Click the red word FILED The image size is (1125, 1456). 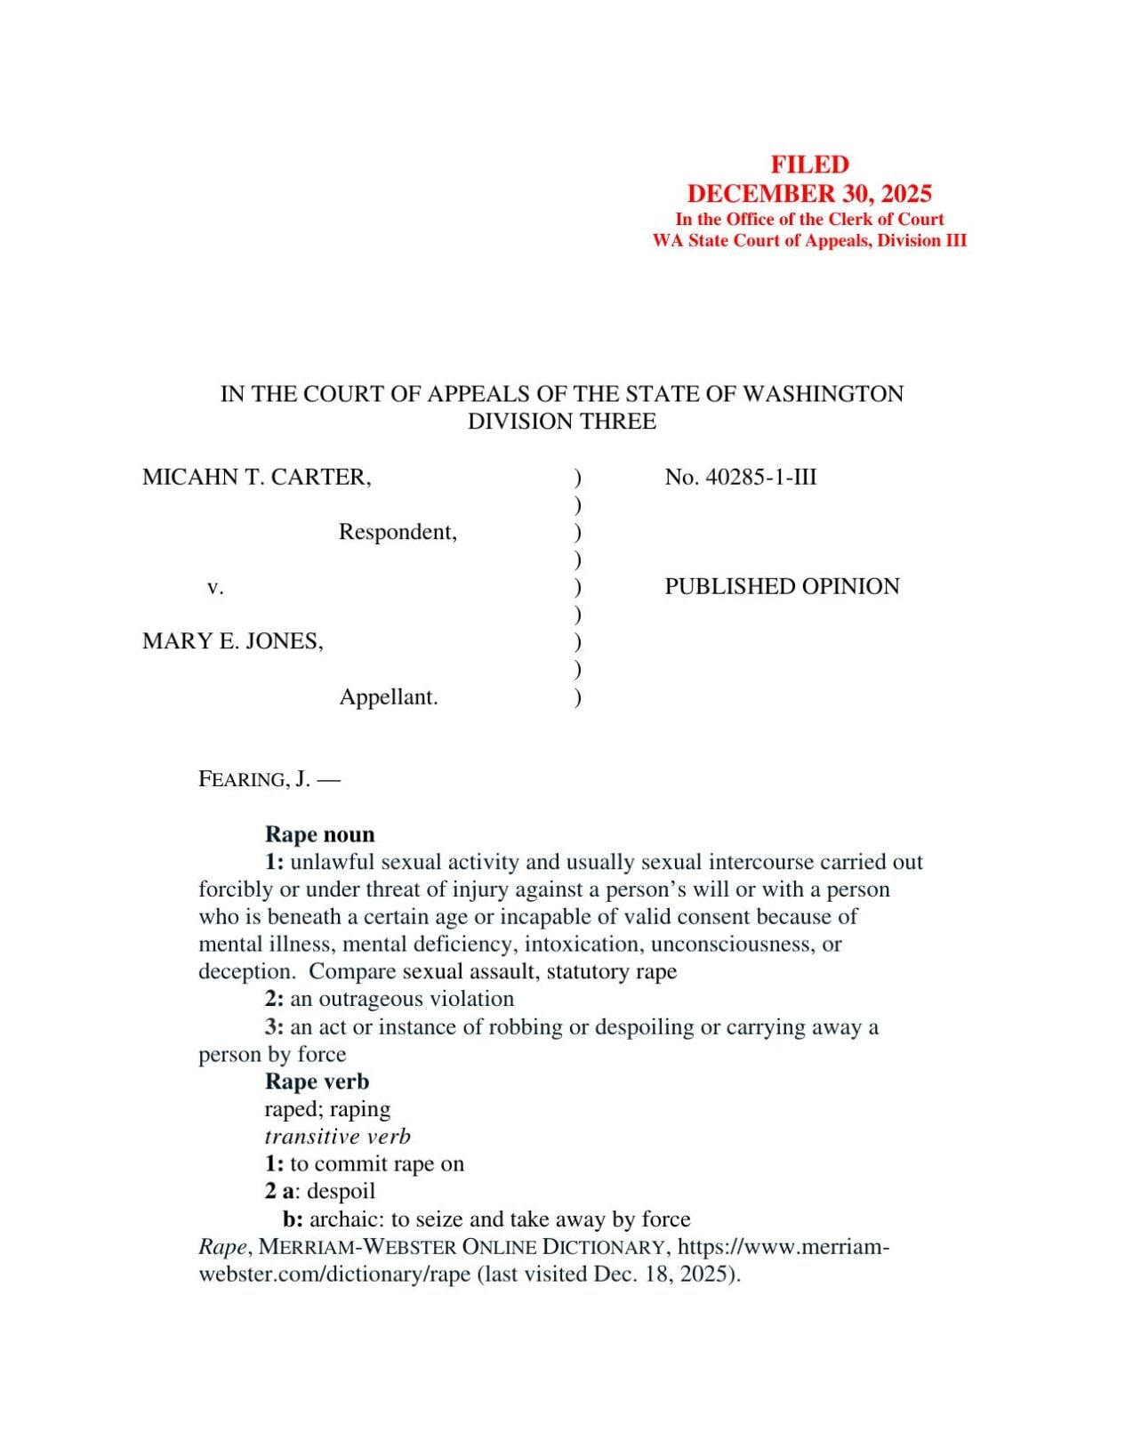(x=809, y=165)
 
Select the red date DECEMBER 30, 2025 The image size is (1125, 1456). (x=809, y=194)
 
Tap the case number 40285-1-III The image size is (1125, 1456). (x=760, y=478)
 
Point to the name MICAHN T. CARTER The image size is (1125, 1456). (x=256, y=478)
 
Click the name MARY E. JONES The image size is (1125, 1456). (x=232, y=641)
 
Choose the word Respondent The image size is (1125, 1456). (x=397, y=533)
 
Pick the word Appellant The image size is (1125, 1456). (x=388, y=697)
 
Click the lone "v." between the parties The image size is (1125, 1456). (x=214, y=587)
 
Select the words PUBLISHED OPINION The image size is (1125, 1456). (x=782, y=587)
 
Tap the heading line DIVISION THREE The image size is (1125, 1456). (x=562, y=422)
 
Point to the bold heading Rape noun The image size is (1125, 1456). (x=319, y=834)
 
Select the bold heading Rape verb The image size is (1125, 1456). (x=317, y=1082)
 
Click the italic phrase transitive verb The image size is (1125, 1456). (x=337, y=1137)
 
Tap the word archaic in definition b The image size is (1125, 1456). (x=346, y=1219)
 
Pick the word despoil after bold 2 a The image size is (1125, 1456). (x=341, y=1192)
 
